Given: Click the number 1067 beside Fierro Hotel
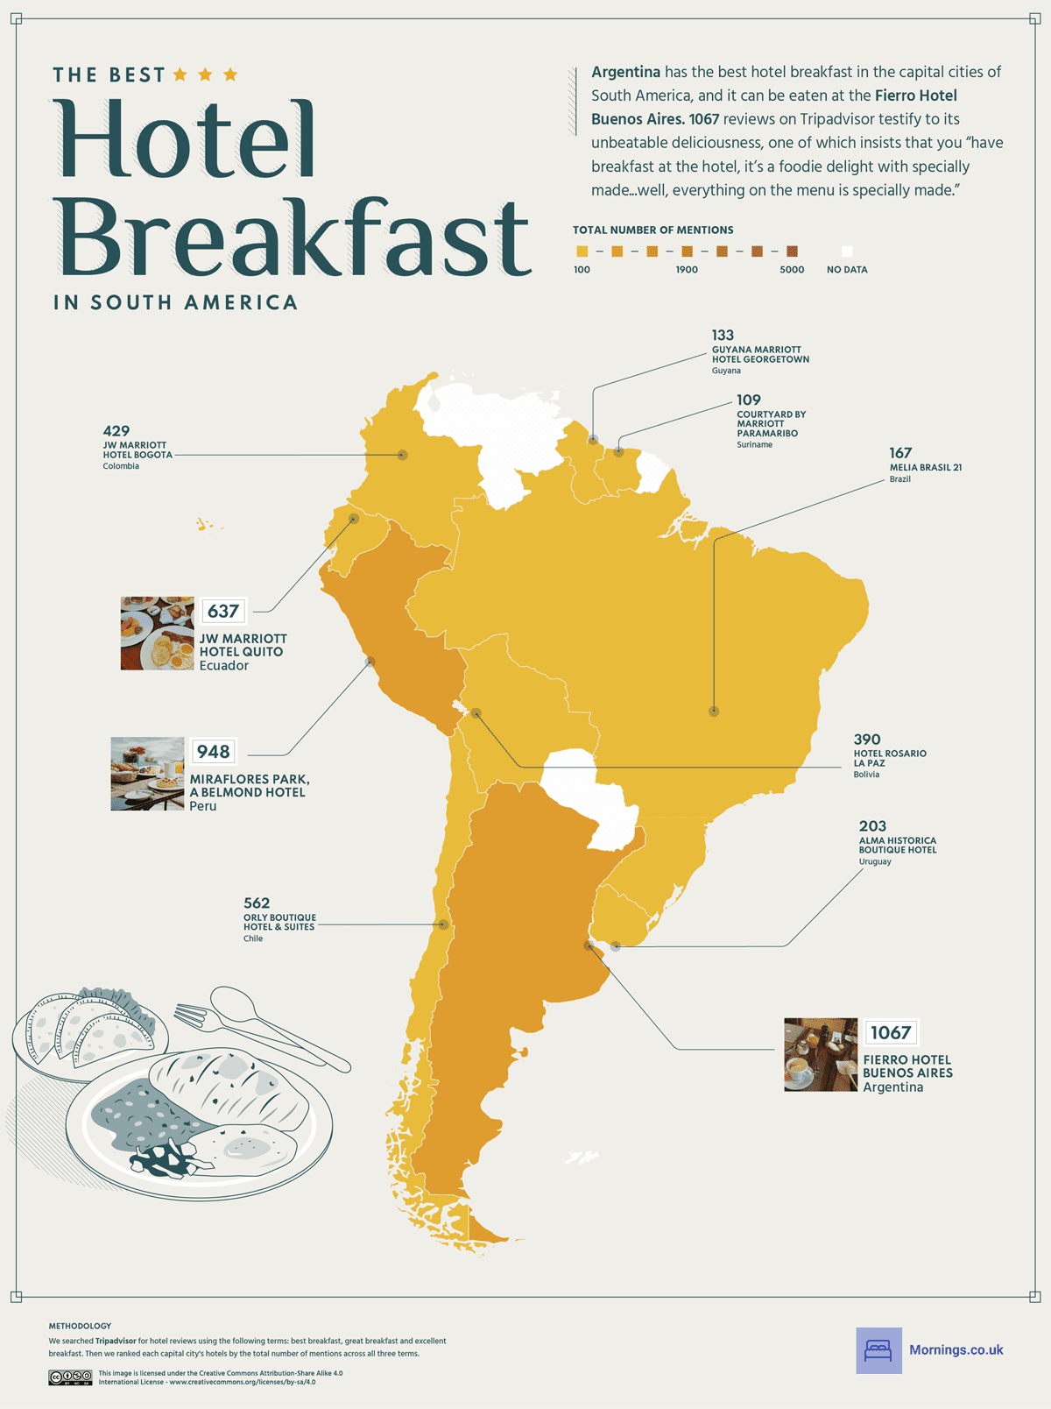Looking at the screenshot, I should [891, 1032].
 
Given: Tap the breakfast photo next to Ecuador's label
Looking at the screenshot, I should [157, 634].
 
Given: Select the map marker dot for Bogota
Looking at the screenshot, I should [402, 455].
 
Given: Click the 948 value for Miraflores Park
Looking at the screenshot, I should [213, 752].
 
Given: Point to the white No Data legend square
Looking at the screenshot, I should [846, 251].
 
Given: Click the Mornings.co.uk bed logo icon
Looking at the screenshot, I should [878, 1350].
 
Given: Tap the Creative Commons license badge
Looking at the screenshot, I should [70, 1377].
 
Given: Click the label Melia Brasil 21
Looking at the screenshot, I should [925, 467].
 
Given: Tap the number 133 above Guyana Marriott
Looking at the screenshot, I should [723, 335].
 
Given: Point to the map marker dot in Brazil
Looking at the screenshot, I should [714, 712].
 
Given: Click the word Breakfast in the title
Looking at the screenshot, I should [293, 238].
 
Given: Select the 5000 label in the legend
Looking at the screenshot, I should [792, 270].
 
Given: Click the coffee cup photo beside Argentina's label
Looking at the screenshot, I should [820, 1054].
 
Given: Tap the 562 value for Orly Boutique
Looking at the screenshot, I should [257, 903].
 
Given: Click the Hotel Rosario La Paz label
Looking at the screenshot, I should [889, 758].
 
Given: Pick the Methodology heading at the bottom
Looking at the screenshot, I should [80, 1326].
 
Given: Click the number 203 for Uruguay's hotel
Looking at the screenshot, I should [872, 825].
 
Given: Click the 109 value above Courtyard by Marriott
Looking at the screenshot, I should [748, 400].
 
